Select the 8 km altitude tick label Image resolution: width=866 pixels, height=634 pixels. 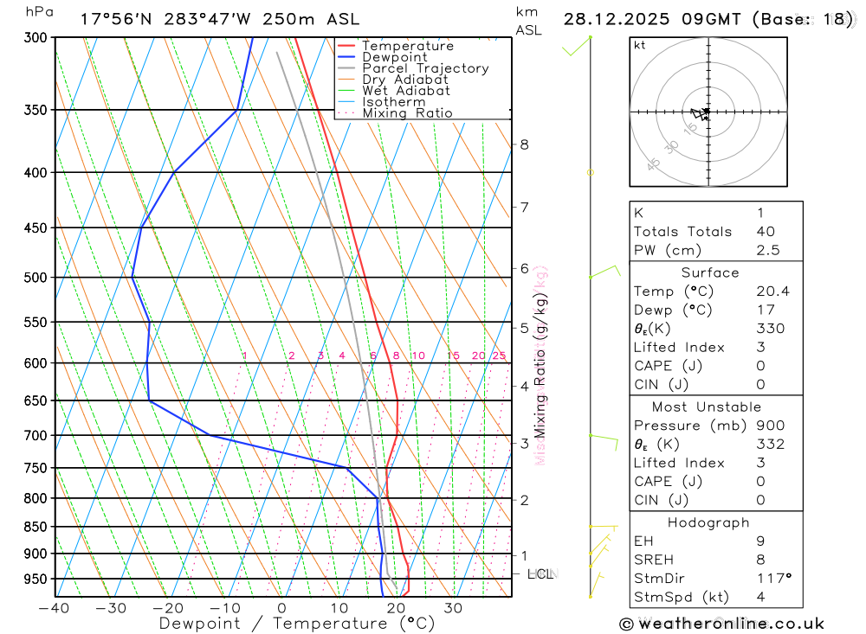[524, 144]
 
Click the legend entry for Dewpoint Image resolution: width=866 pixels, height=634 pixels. [394, 57]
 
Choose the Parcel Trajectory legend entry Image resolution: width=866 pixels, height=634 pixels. [424, 68]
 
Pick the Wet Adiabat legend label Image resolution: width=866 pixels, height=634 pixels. [405, 91]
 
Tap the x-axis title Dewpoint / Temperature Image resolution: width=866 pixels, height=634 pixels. [296, 623]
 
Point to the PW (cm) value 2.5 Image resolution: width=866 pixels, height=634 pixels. [767, 250]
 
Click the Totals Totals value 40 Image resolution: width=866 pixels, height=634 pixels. [765, 231]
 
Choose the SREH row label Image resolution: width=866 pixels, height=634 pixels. [653, 559]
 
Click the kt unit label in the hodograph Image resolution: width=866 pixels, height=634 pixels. [640, 45]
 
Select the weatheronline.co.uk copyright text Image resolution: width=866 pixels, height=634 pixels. [721, 624]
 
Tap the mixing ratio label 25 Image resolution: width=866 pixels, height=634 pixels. [499, 355]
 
